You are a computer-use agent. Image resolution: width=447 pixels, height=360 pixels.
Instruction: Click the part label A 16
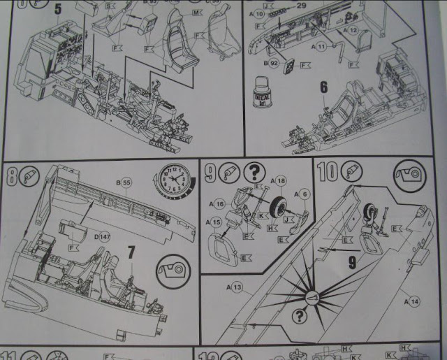[217, 205]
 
